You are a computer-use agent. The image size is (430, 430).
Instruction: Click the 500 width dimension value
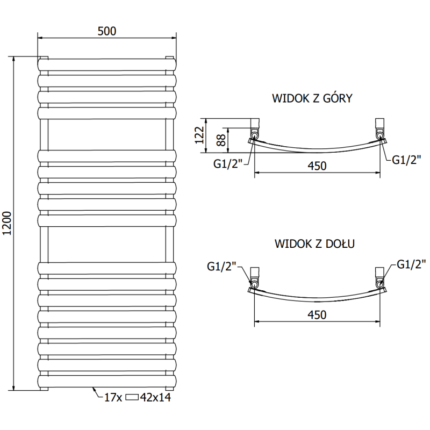pyautogui.click(x=107, y=31)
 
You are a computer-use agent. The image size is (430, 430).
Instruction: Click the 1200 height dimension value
pyautogui.click(x=8, y=223)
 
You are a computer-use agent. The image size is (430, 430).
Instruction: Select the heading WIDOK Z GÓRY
pyautogui.click(x=312, y=98)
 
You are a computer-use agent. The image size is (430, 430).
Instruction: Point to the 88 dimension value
pyautogui.click(x=220, y=140)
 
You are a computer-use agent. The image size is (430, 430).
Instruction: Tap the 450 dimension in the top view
pyautogui.click(x=317, y=166)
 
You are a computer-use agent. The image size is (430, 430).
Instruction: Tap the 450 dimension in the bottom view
pyautogui.click(x=317, y=315)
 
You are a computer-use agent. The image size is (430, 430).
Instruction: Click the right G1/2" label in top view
pyautogui.click(x=406, y=159)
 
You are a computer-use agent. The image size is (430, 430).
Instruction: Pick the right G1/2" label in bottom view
pyautogui.click(x=411, y=264)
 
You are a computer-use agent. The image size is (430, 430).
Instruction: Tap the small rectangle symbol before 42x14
pyautogui.click(x=132, y=398)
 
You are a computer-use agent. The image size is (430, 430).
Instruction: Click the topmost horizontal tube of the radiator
pyautogui.click(x=107, y=64)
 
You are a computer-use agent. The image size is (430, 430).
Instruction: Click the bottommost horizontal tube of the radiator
pyautogui.click(x=107, y=381)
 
